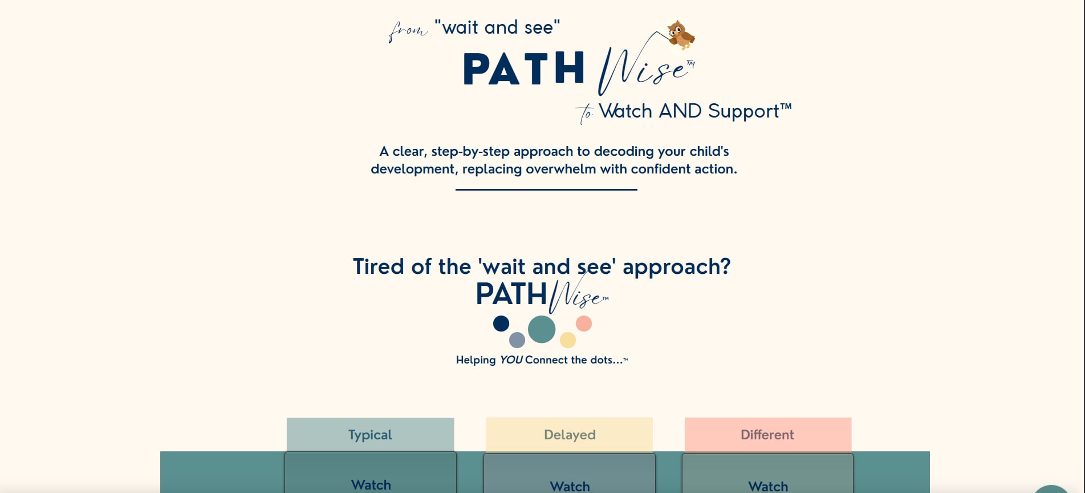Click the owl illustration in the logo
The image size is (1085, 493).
681,35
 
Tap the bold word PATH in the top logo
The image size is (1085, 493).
524,69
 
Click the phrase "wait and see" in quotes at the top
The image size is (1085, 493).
497,27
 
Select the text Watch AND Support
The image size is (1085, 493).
695,111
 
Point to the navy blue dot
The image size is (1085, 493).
501,324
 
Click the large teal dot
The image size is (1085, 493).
542,329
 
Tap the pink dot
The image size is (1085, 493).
584,324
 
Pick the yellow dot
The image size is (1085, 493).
568,340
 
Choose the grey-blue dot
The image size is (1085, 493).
517,340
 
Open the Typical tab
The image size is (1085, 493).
371,435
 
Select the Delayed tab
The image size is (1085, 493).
570,435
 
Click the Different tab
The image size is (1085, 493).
768,435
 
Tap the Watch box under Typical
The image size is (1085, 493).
371,473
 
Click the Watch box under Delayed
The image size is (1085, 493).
570,474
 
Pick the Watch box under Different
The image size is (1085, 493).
768,474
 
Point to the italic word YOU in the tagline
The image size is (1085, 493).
511,360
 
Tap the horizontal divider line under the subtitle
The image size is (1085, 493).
546,189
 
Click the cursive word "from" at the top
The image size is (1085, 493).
407,30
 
